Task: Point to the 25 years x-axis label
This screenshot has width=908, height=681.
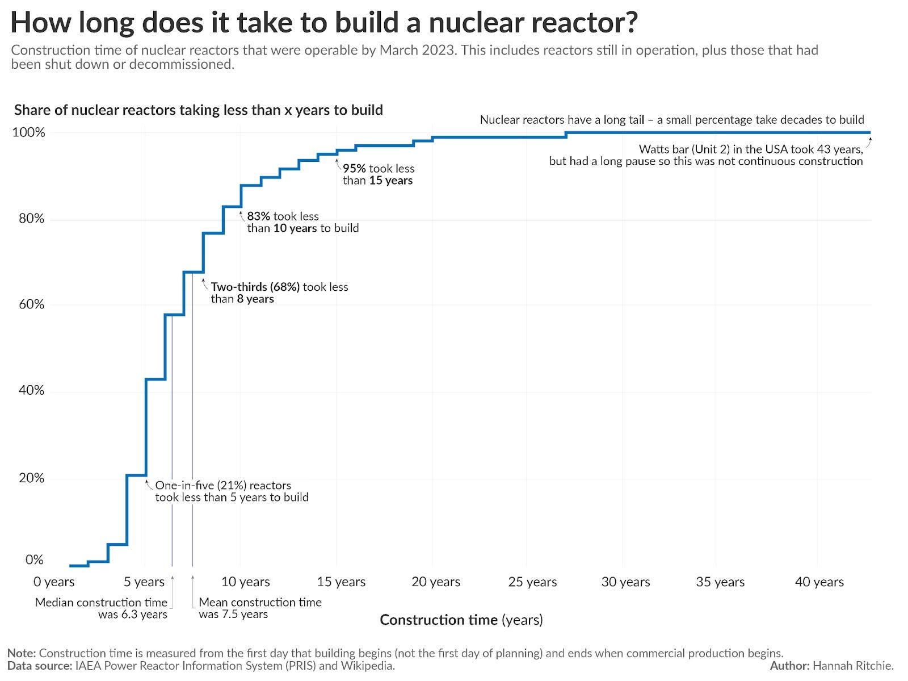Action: coord(532,582)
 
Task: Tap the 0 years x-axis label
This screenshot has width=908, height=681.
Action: coord(54,582)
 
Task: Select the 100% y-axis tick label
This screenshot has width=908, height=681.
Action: coord(28,133)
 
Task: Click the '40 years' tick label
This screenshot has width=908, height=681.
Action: coord(819,582)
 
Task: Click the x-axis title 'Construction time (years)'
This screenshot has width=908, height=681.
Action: coord(461,620)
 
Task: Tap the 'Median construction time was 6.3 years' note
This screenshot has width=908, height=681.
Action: coord(102,608)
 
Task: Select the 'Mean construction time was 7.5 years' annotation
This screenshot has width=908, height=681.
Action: coord(259,608)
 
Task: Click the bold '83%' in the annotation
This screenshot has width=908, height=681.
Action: coord(258,216)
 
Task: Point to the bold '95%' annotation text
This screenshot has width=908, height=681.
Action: coord(354,169)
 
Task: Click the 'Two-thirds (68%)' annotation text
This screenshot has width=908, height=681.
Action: coord(255,287)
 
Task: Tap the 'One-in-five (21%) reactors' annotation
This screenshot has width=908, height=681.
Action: coord(223,486)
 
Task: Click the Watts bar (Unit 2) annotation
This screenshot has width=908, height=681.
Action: coord(705,155)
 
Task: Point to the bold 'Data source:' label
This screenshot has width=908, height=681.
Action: coord(39,666)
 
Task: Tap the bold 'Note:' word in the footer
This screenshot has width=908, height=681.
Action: coord(22,653)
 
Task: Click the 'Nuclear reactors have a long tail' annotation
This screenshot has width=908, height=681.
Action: coord(562,120)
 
